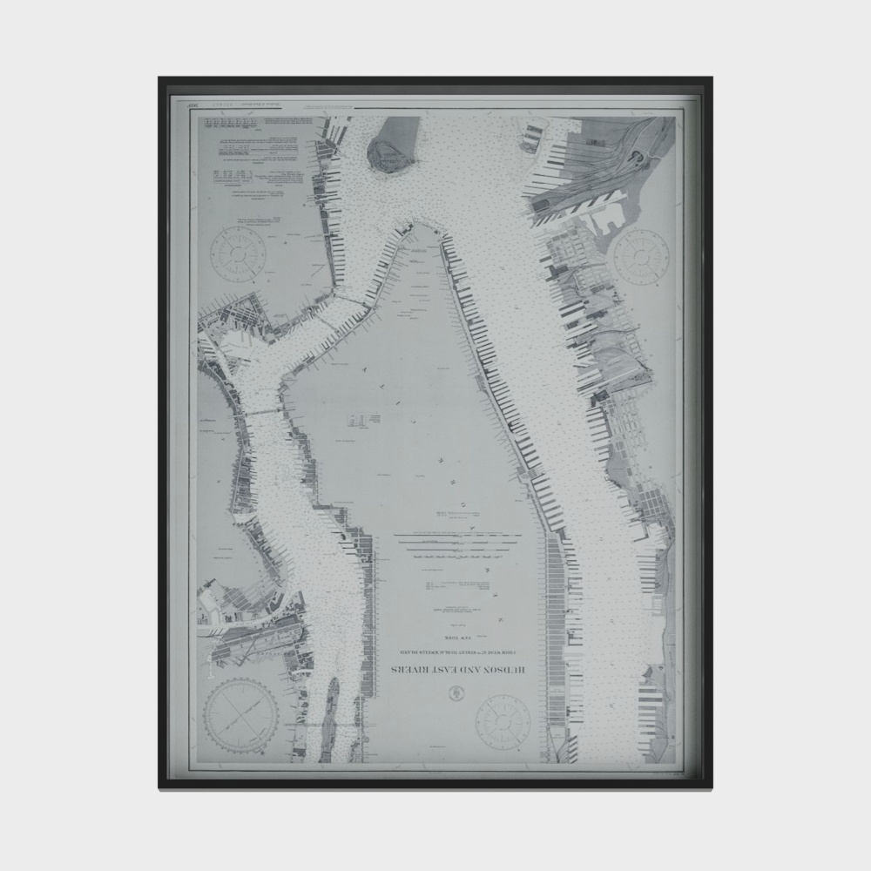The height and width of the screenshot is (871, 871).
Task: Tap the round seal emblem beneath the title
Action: [x=456, y=693]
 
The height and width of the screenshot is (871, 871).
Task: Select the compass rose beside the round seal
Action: [x=503, y=719]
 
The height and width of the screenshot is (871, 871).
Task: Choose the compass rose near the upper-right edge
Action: [x=637, y=253]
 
